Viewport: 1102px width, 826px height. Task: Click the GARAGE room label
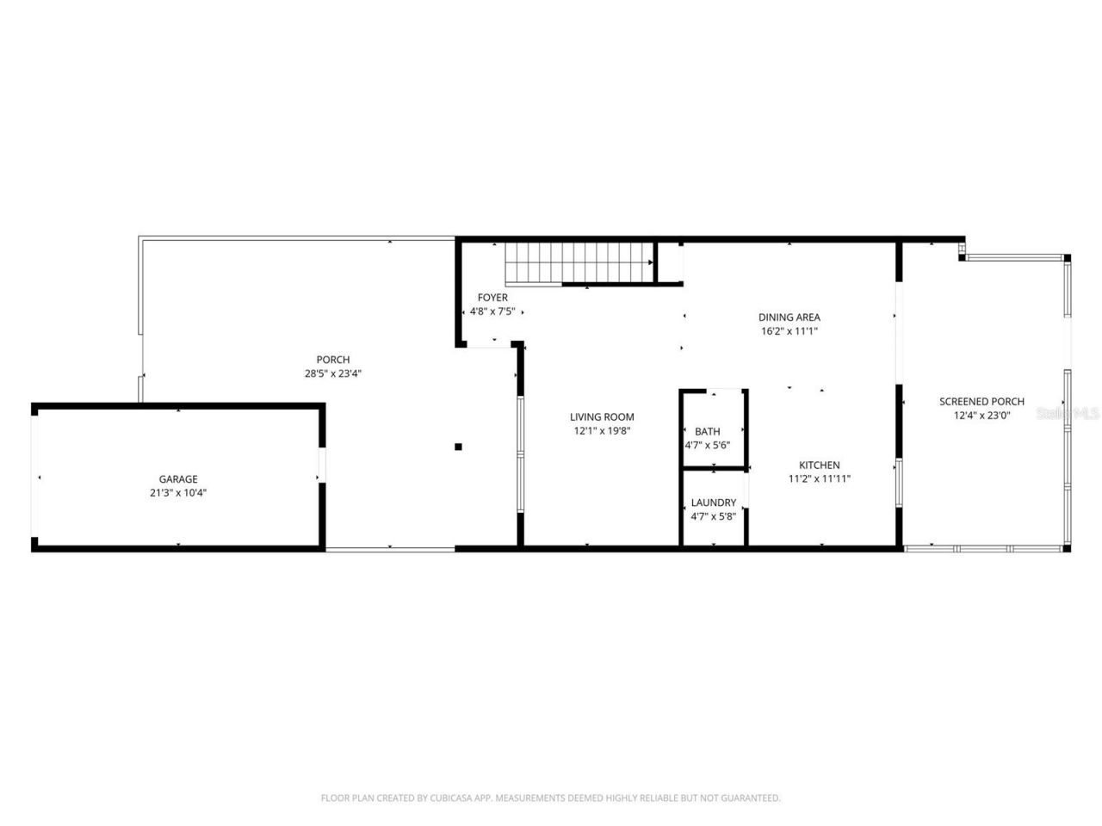pos(178,479)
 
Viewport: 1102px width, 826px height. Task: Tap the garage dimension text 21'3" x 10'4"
pos(178,493)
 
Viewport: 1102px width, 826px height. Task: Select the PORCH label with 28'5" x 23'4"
pos(333,360)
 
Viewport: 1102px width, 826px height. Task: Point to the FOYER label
pos(492,298)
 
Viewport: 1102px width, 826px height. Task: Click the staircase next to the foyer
pos(579,262)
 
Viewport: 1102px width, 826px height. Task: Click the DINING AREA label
pos(789,317)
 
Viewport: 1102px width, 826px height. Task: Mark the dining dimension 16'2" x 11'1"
pos(789,330)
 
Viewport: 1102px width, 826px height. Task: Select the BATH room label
pos(708,432)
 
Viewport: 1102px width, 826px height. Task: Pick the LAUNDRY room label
pos(714,502)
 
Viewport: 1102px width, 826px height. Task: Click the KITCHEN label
pos(820,465)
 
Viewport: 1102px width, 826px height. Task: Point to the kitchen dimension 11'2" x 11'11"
pos(820,478)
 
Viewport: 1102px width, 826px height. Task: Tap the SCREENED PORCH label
pos(981,401)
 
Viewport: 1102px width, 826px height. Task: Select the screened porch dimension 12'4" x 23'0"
pos(981,415)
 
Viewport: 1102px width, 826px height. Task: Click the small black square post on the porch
pos(458,446)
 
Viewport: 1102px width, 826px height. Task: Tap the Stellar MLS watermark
pos(1068,413)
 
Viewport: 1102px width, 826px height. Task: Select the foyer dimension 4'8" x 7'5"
pos(492,311)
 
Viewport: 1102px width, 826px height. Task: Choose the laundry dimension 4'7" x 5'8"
pos(714,516)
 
